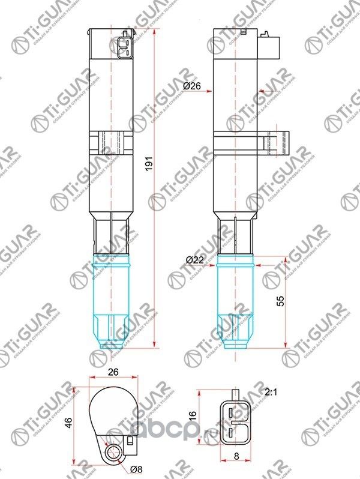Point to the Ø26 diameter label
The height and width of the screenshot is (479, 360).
pyautogui.click(x=191, y=86)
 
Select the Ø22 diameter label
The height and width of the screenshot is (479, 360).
pyautogui.click(x=194, y=259)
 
